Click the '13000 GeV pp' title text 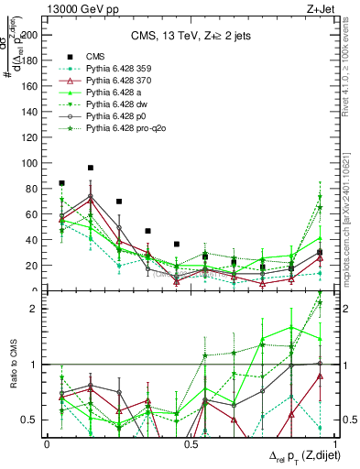point(82,8)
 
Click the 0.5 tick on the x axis point(191,444)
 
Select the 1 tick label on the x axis point(334,444)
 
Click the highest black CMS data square point(91,168)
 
